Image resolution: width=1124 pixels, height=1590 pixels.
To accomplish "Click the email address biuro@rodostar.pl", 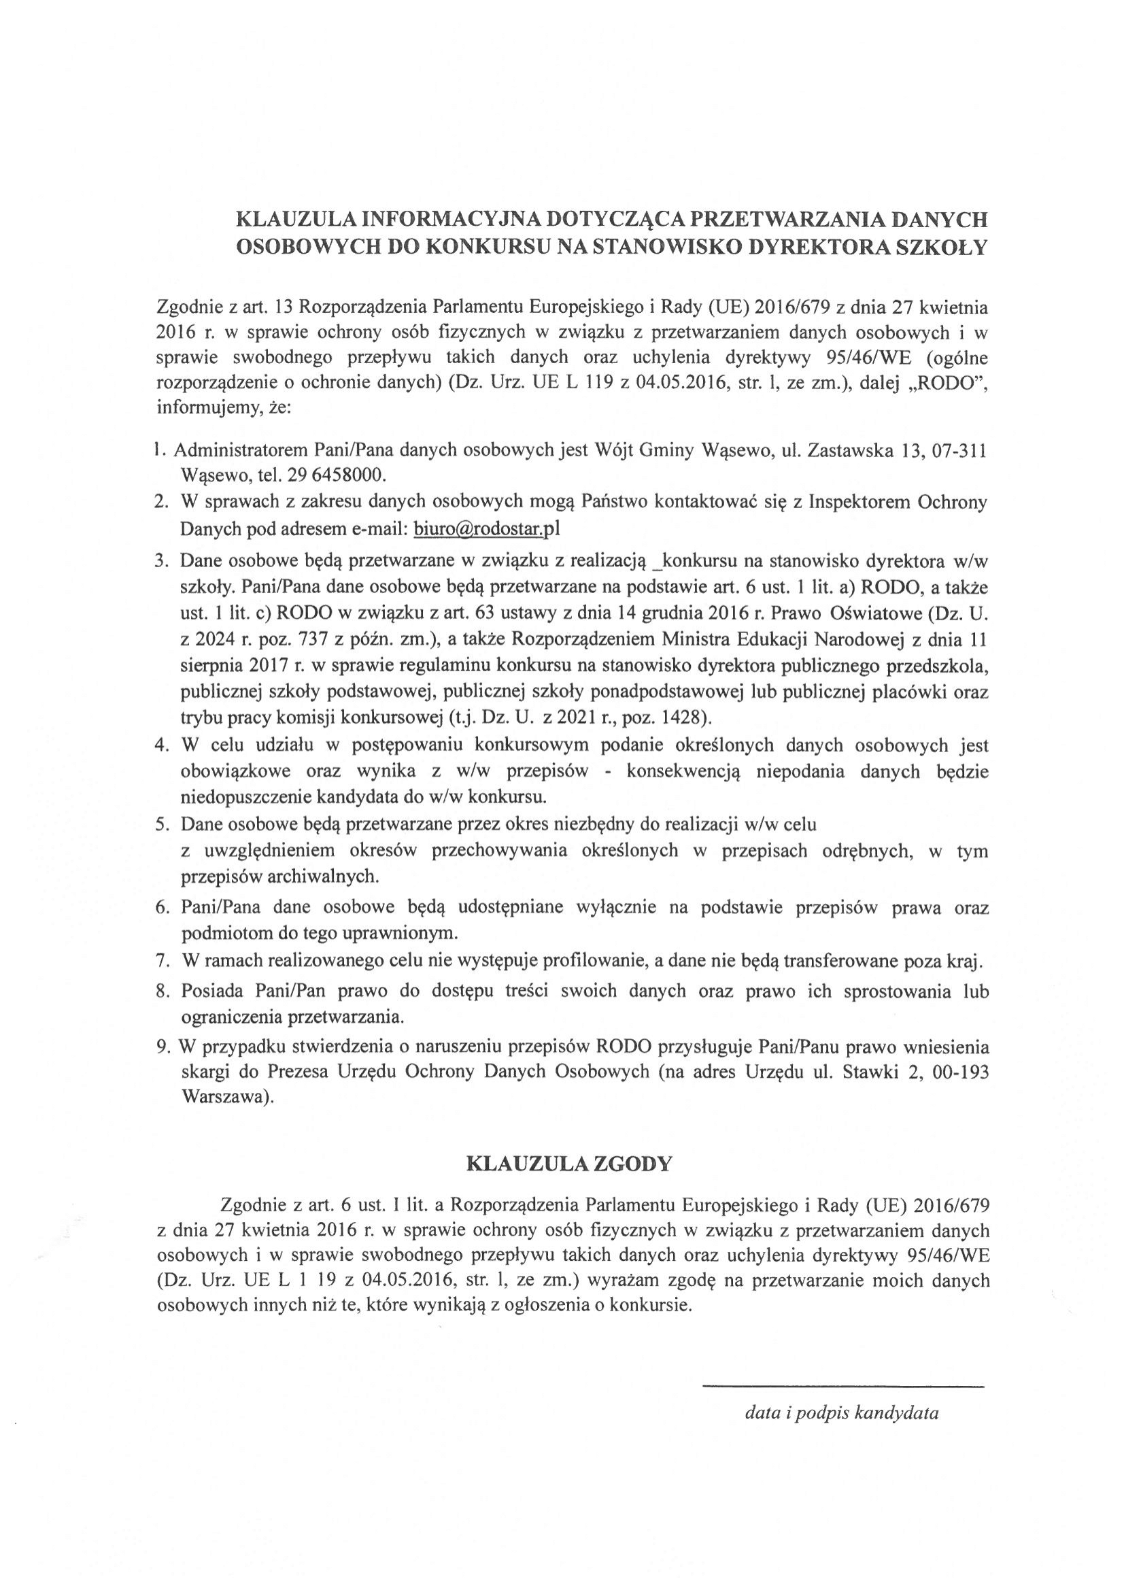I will pos(486,530).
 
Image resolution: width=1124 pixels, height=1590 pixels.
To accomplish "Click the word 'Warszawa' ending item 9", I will pos(220,1098).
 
